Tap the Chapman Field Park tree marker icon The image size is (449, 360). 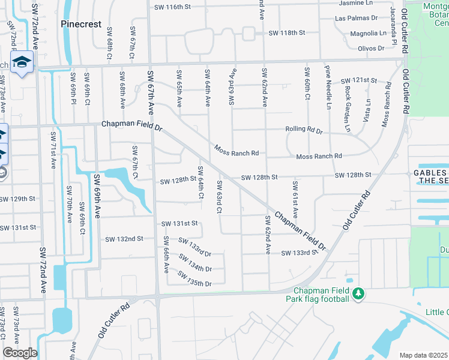click(358, 293)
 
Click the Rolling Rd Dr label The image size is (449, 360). click(303, 130)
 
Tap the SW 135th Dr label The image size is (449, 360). click(195, 283)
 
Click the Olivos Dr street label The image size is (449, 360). click(370, 49)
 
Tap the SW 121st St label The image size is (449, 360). click(358, 80)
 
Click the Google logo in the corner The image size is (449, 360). click(19, 353)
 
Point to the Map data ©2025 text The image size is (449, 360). click(424, 355)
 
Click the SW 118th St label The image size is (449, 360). click(287, 32)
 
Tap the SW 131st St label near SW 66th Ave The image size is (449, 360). click(179, 223)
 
